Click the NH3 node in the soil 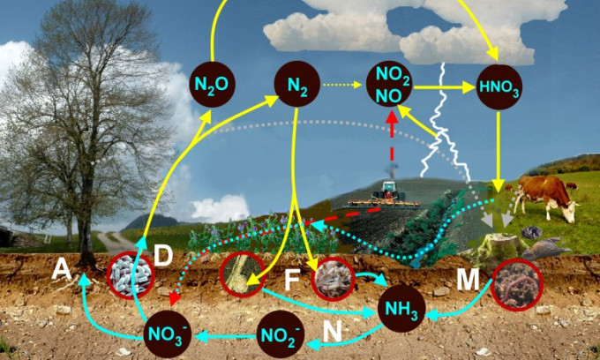(402, 309)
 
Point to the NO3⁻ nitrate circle (168, 334)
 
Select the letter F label (295, 281)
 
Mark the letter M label (469, 281)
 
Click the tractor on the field (388, 193)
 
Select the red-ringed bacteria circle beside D (131, 275)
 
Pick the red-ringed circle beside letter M (515, 286)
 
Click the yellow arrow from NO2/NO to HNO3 (445, 87)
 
